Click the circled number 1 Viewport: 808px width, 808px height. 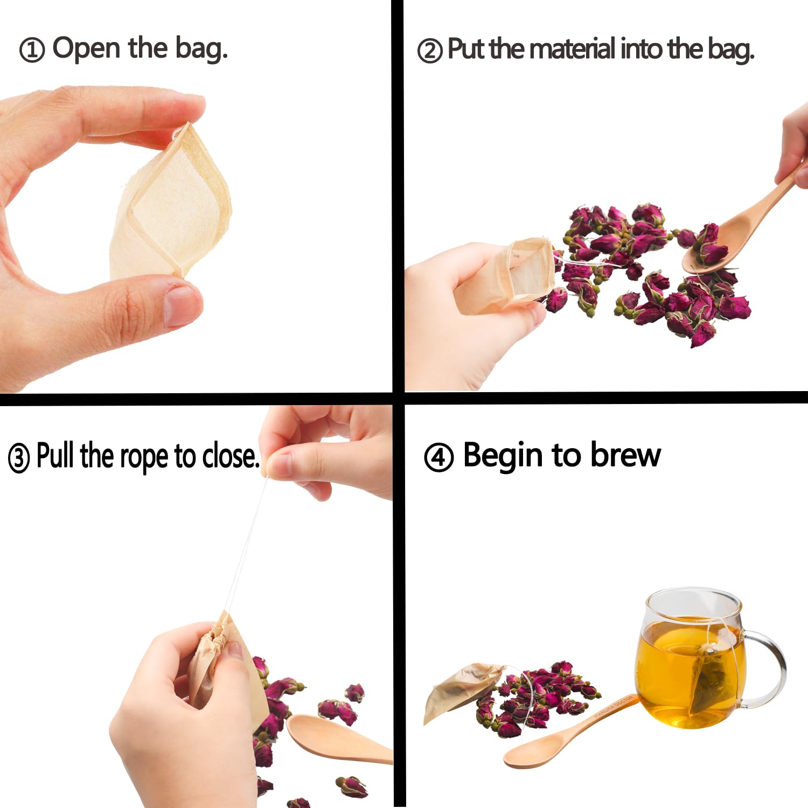coord(31,51)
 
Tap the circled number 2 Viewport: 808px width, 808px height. coord(429,51)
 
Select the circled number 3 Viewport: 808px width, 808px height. coord(19,458)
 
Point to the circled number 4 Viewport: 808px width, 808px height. coord(438,458)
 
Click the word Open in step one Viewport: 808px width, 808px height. coord(86,48)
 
